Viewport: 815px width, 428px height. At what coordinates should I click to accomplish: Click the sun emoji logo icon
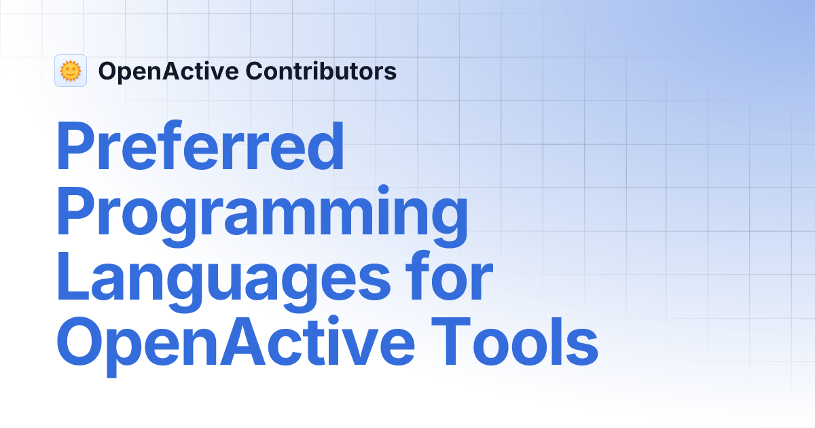pos(71,71)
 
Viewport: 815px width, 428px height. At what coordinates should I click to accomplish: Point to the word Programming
pos(261,213)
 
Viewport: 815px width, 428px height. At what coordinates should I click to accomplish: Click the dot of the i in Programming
pos(384,189)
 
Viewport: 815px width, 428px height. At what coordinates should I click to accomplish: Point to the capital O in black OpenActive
pos(107,71)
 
